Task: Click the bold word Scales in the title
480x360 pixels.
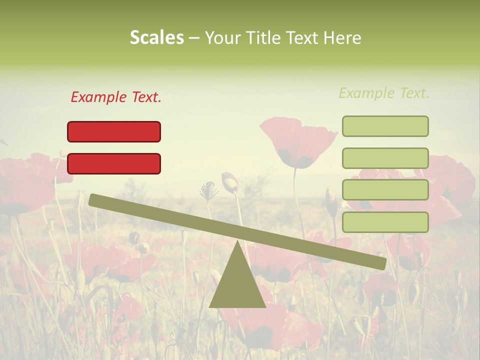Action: pyautogui.click(x=156, y=38)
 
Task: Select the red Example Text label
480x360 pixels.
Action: pyautogui.click(x=116, y=97)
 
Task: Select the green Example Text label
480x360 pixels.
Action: pyautogui.click(x=384, y=93)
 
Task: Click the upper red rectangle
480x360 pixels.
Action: pyautogui.click(x=114, y=131)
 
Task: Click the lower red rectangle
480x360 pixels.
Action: pyautogui.click(x=114, y=163)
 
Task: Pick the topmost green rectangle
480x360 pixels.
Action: pyautogui.click(x=385, y=126)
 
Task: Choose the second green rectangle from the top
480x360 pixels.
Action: pyautogui.click(x=385, y=158)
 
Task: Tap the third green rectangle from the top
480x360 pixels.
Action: pyautogui.click(x=385, y=190)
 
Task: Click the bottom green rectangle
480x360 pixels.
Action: pyautogui.click(x=385, y=222)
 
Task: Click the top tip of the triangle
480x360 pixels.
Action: pyautogui.click(x=237, y=242)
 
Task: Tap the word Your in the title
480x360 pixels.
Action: pyautogui.click(x=222, y=38)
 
